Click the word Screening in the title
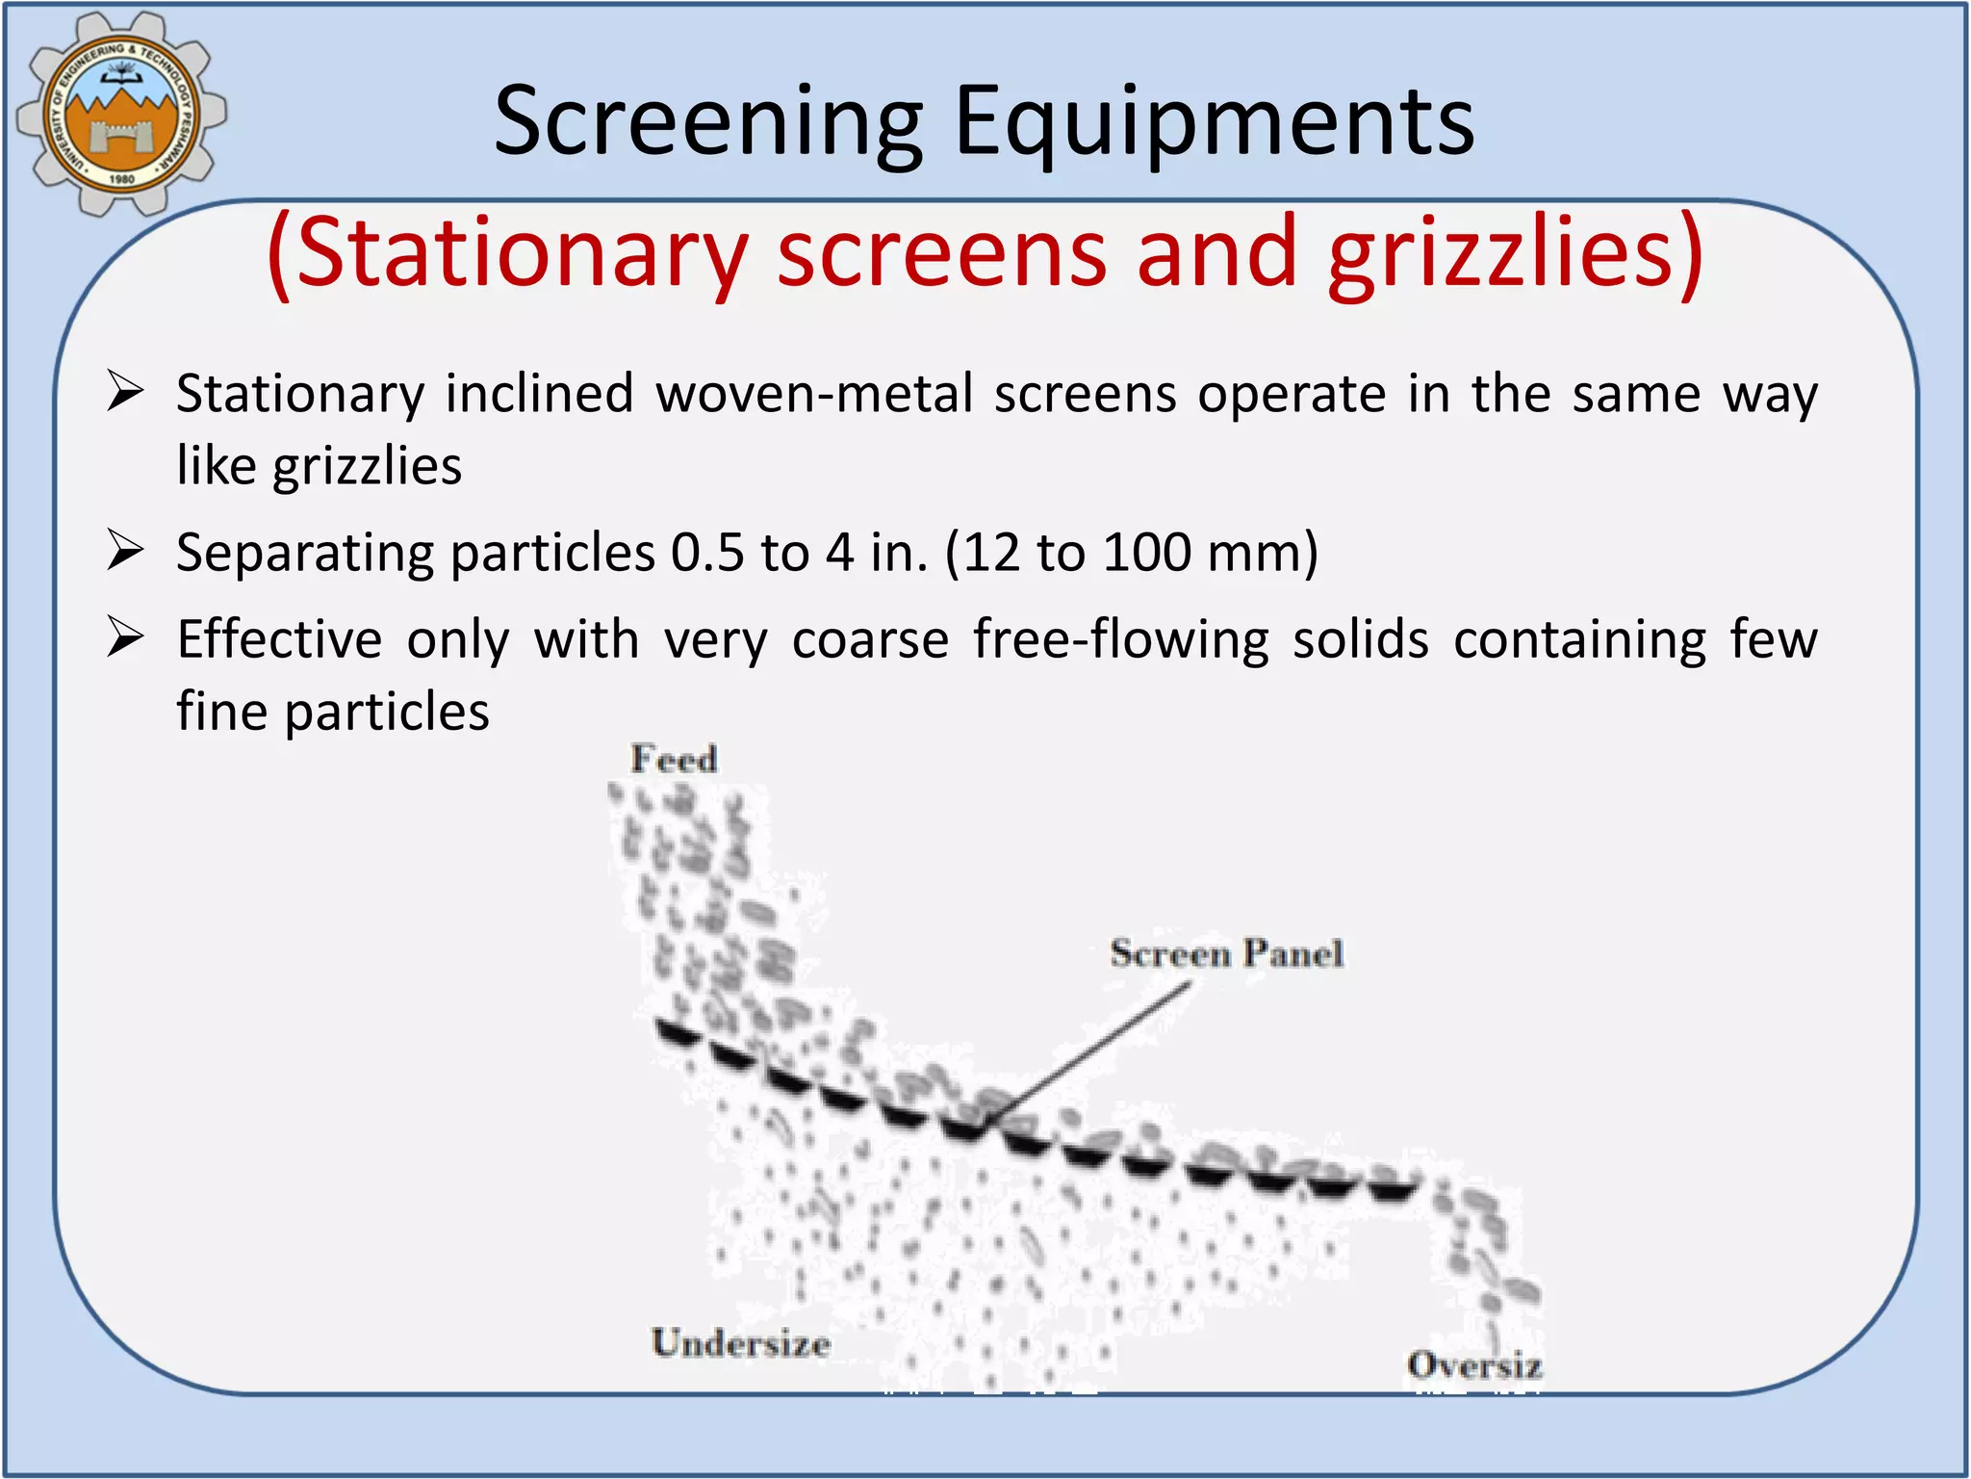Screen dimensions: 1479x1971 point(708,122)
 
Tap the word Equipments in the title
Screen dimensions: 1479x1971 point(1214,122)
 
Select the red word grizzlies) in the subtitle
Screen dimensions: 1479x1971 point(1515,252)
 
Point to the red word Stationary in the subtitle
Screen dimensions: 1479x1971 point(508,252)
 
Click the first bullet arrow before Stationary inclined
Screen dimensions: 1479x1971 point(125,392)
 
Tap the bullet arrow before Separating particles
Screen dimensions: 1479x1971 point(125,552)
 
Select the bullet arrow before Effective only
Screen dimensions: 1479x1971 point(125,637)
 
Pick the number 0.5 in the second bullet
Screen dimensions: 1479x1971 point(706,553)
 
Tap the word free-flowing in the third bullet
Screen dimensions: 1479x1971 point(1120,639)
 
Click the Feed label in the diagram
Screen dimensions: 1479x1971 point(674,760)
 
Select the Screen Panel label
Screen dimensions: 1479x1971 point(1226,954)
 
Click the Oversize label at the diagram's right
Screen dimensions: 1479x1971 point(1473,1365)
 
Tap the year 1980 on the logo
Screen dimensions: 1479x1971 point(121,179)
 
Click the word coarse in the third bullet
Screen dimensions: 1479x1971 point(870,639)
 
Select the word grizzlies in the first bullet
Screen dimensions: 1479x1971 point(367,466)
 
